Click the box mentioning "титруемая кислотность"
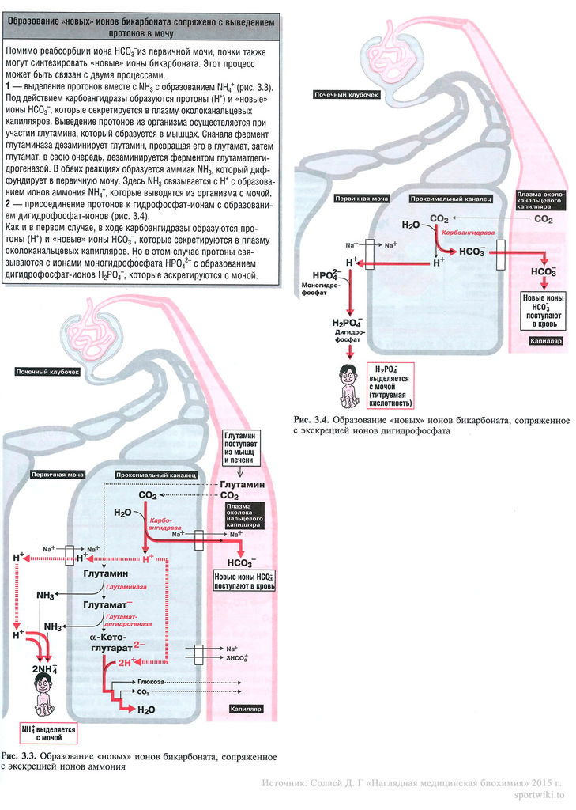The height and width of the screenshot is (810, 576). [397, 387]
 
